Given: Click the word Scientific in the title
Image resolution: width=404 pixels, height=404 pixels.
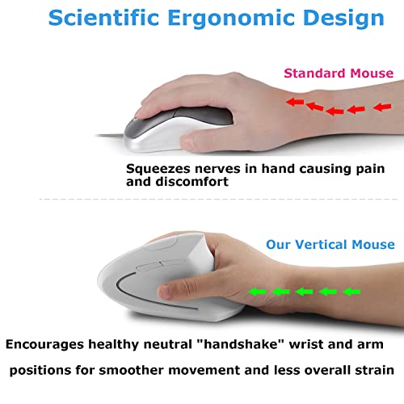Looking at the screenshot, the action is (103, 18).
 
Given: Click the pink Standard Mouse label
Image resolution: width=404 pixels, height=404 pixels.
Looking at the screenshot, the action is (339, 74).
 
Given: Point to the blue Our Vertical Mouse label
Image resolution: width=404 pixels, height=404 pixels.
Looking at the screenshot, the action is (330, 245).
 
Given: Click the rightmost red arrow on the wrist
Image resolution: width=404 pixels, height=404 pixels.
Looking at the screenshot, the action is (382, 107).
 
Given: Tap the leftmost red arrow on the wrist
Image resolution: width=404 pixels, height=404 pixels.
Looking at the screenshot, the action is (295, 102).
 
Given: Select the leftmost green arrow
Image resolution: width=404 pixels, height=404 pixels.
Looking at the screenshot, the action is (257, 292).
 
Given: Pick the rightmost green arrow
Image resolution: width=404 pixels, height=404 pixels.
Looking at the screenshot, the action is (351, 292).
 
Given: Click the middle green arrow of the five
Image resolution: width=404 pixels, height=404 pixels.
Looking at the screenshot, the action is (305, 292).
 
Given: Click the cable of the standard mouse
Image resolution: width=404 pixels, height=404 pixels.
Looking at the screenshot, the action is (110, 136).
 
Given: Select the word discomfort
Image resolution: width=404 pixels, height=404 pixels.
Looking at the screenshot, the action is (191, 182).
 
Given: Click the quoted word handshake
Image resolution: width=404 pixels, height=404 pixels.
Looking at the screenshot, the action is (240, 344).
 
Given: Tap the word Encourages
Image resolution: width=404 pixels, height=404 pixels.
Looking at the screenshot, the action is (44, 345).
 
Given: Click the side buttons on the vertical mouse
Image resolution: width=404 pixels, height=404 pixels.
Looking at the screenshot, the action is (161, 265).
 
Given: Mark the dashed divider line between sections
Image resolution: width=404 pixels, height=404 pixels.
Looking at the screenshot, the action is (218, 200).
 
